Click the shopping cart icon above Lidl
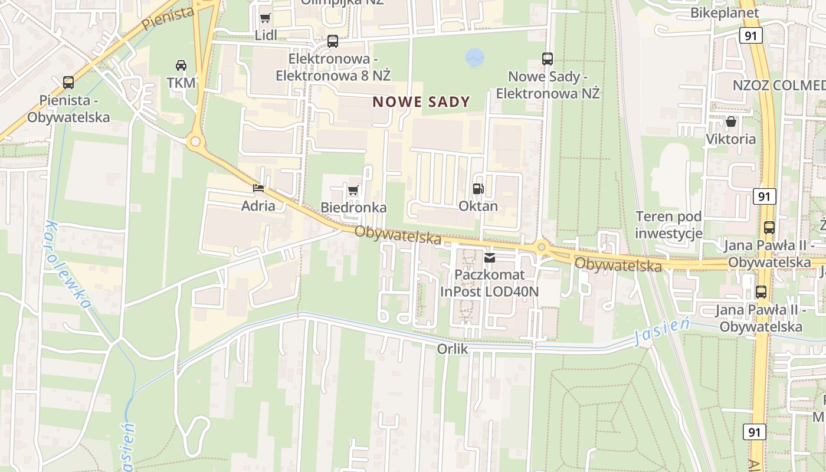tap(265, 18)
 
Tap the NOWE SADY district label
tap(421, 102)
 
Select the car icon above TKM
tap(181, 65)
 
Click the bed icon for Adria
tap(258, 188)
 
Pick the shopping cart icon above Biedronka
tap(353, 190)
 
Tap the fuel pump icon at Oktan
tap(478, 189)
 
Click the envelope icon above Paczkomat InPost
tap(490, 258)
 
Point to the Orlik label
tap(453, 349)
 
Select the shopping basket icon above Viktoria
tap(731, 122)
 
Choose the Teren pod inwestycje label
tap(669, 225)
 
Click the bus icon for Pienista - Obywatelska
tap(68, 83)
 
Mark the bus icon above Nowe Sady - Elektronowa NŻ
tap(548, 59)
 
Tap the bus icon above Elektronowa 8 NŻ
tap(333, 41)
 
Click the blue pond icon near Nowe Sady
tap(474, 57)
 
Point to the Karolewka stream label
tap(68, 265)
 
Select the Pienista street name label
tap(168, 19)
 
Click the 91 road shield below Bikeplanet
tap(750, 36)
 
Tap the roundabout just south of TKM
tap(195, 142)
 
